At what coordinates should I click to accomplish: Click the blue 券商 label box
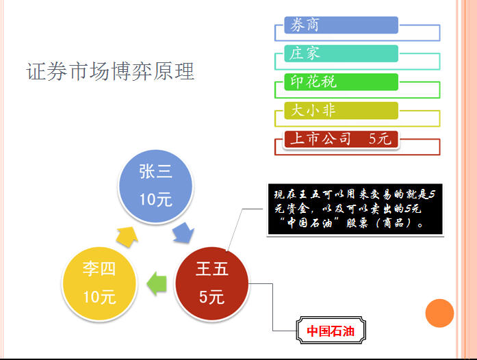point(341,25)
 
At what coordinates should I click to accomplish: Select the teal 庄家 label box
point(341,53)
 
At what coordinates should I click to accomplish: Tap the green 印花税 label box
point(341,82)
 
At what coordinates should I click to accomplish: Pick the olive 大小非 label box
point(341,110)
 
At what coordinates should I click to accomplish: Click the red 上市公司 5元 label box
point(341,139)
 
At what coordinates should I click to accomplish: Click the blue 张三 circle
point(155,186)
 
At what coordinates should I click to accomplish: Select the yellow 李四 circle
point(99,283)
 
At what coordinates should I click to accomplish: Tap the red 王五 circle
point(212,283)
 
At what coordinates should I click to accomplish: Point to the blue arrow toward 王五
point(183,233)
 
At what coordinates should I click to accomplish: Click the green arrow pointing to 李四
point(157,283)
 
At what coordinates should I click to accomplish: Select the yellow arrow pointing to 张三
point(127,236)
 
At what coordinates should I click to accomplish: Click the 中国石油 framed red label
point(331,331)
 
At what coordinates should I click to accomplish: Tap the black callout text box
point(355,209)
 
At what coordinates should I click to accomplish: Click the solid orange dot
point(439,313)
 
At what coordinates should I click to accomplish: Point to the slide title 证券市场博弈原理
point(110,71)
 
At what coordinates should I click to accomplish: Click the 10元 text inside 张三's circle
point(155,200)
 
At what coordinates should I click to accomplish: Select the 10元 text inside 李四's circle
point(99,297)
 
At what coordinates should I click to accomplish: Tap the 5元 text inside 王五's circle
point(212,297)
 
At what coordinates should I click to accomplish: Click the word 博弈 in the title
point(131,71)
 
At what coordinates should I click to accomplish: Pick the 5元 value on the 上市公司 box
point(380,139)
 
